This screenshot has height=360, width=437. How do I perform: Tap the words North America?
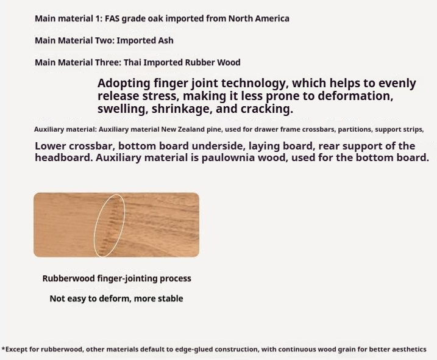[x=258, y=18]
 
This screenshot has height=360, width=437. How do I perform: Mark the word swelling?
[x=120, y=109]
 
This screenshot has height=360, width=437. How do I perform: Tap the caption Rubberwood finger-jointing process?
[x=116, y=278]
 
